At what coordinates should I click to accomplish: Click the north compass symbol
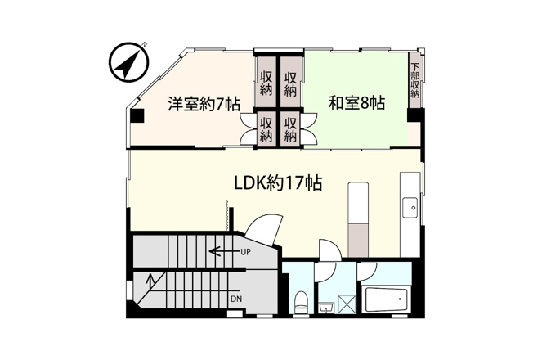129,62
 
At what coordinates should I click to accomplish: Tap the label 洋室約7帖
204,104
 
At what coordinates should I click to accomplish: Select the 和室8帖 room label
356,103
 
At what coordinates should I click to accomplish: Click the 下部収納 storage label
414,80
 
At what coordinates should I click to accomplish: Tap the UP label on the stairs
245,252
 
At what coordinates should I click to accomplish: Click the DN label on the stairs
236,299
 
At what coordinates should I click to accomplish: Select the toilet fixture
301,303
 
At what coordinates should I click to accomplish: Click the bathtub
386,299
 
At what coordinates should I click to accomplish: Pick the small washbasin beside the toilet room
327,308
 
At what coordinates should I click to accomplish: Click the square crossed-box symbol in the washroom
347,303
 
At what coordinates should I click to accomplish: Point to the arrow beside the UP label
224,252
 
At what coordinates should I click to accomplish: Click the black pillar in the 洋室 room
138,116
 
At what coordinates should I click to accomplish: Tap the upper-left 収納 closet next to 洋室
266,82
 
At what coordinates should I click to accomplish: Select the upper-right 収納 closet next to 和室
291,82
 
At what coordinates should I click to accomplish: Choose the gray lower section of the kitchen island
357,240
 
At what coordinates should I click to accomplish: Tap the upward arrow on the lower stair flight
150,281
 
